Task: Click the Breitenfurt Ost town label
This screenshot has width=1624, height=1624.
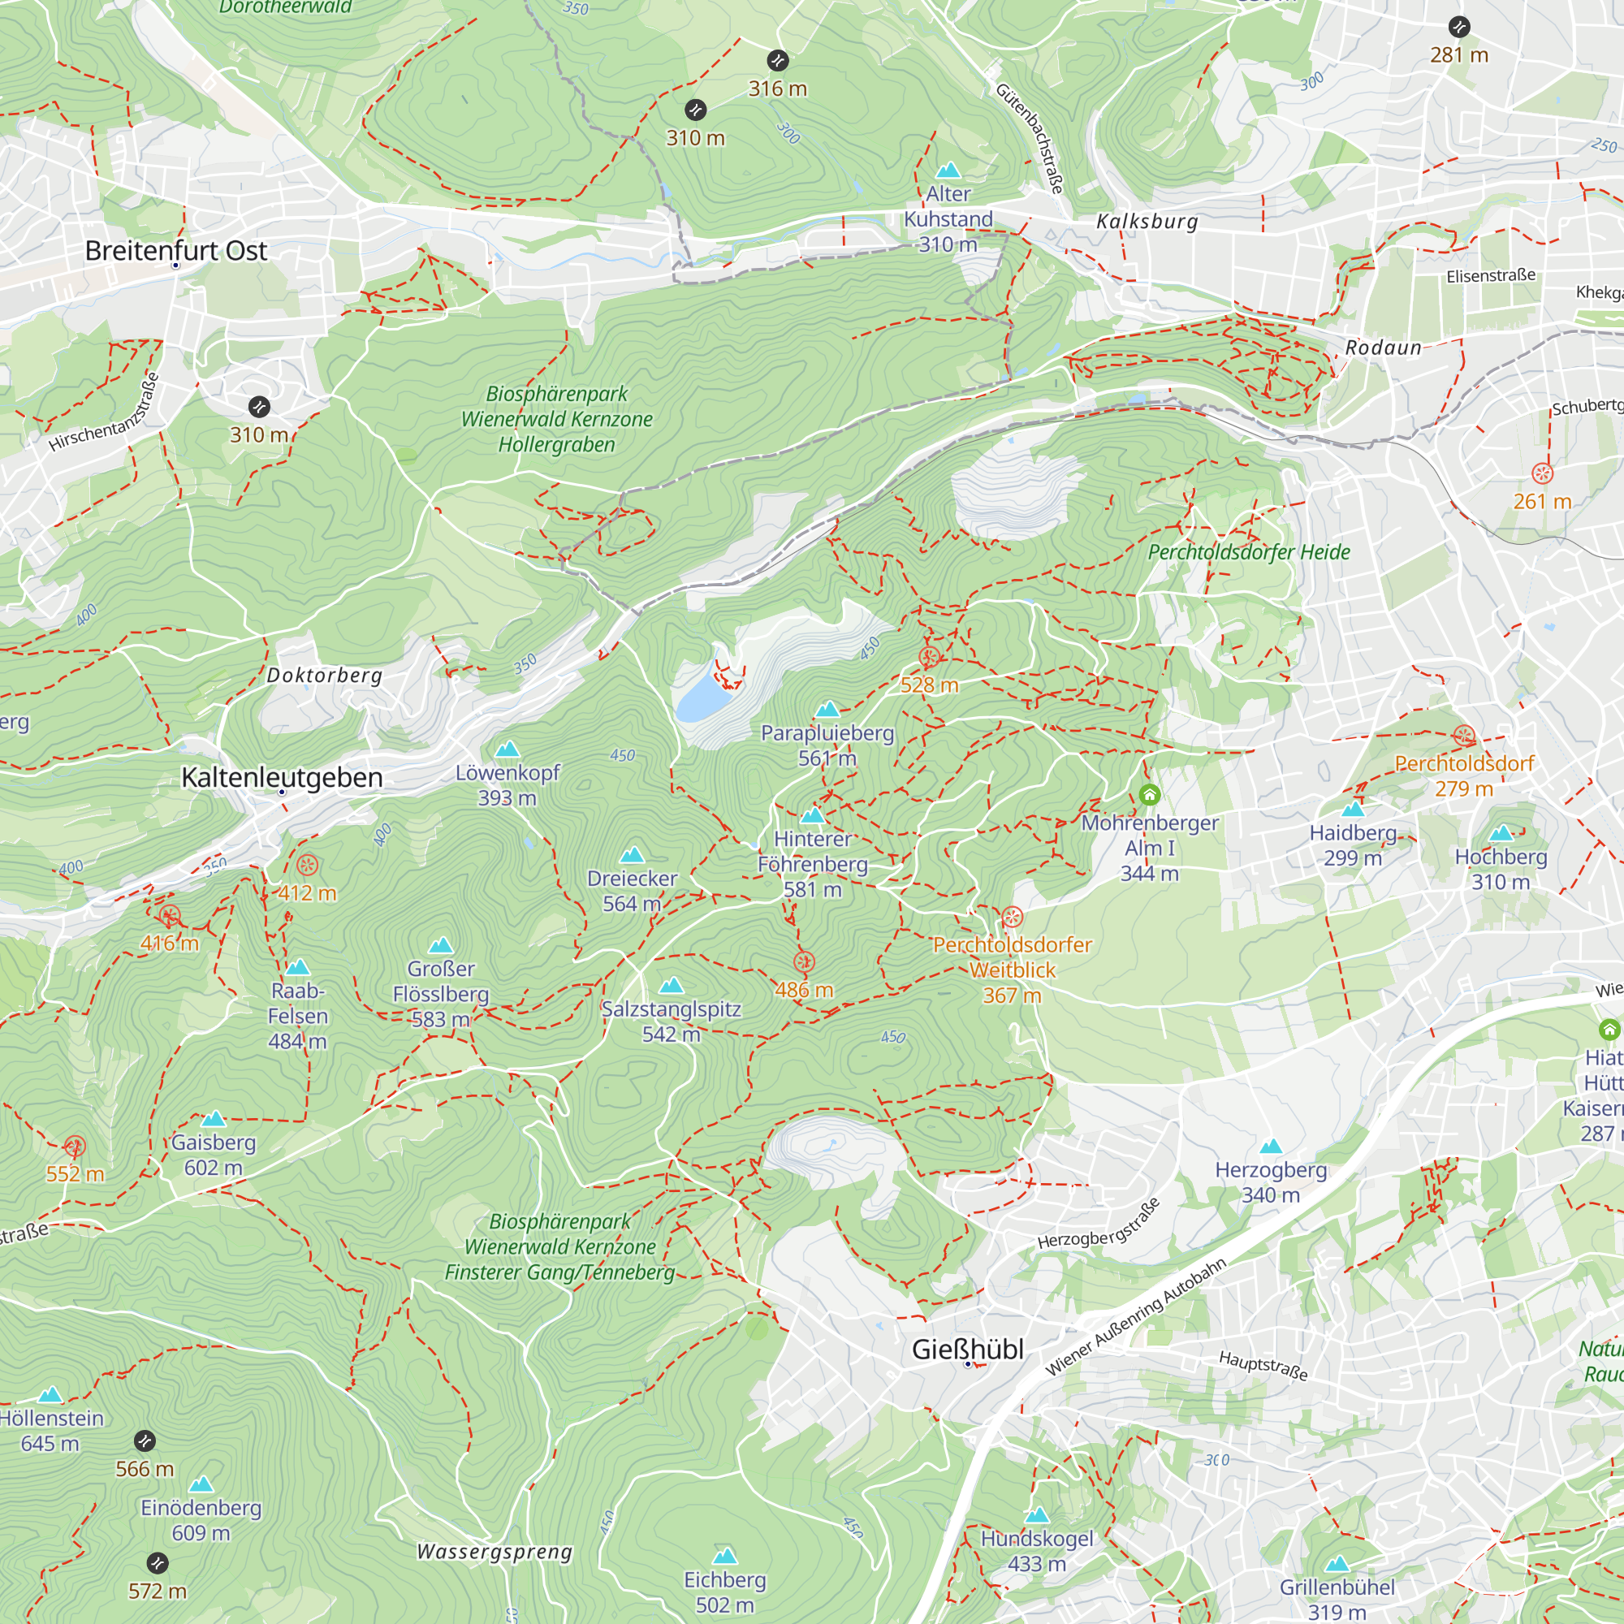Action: [x=175, y=250]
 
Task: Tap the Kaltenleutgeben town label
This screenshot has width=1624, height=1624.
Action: [x=282, y=778]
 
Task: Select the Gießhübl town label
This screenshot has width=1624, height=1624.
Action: [x=968, y=1349]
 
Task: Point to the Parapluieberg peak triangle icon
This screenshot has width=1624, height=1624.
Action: [x=828, y=710]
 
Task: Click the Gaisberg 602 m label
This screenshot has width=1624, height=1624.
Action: [x=214, y=1154]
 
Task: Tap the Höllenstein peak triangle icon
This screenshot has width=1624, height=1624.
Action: [x=50, y=1395]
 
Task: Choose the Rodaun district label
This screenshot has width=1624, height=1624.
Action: [x=1383, y=348]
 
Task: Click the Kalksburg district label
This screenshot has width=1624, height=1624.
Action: [x=1147, y=221]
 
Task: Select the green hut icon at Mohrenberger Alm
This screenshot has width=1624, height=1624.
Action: [x=1149, y=794]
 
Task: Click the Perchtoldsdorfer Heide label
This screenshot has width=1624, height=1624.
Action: [x=1248, y=552]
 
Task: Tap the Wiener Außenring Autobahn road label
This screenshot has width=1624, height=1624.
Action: [x=1135, y=1317]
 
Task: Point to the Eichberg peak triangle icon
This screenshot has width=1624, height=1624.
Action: [x=724, y=1555]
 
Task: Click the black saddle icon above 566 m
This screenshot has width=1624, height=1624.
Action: [x=145, y=1441]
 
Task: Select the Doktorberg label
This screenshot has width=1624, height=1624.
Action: [x=325, y=675]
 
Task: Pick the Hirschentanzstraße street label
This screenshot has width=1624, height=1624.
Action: [x=104, y=412]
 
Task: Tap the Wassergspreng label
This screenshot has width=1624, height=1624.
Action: [x=495, y=1552]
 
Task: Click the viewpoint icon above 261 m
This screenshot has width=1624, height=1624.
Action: [x=1542, y=473]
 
